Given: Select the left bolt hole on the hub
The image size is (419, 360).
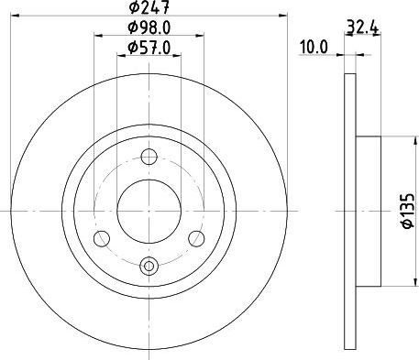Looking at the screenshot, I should point(103,238).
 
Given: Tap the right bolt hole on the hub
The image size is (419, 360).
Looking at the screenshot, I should point(194,238).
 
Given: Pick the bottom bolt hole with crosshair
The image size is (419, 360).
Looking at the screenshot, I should point(149,266).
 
